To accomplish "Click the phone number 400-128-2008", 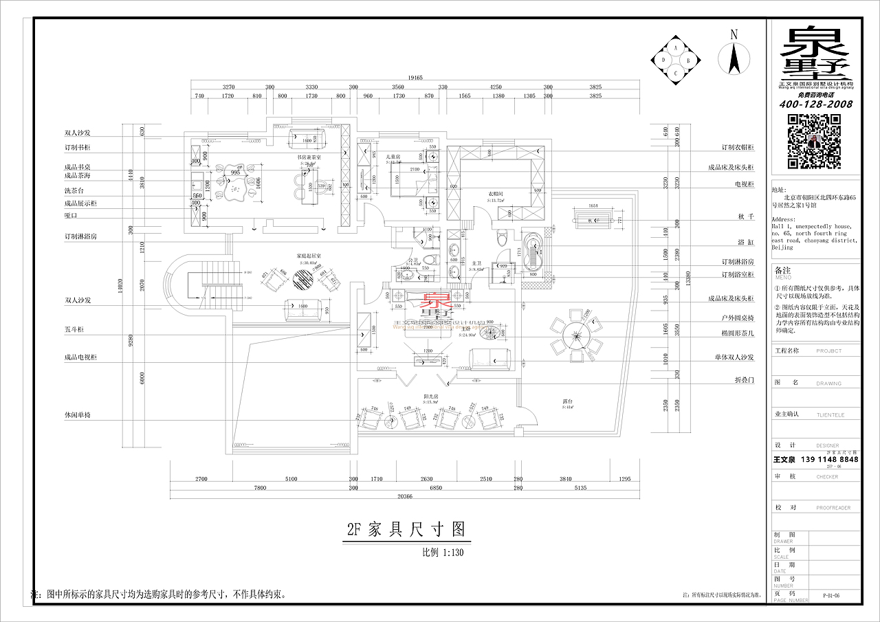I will tap(815, 104).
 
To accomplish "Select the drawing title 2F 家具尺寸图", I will tap(405, 529).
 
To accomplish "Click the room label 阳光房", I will tap(431, 397).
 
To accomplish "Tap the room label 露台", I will tap(568, 401).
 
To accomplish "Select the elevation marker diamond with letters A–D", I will tap(676, 60).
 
